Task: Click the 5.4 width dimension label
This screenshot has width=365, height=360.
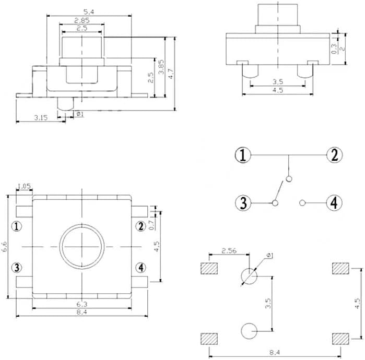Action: tap(89, 12)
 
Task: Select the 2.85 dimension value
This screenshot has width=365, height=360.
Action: tap(82, 20)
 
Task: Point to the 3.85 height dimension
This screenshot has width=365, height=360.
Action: tap(161, 67)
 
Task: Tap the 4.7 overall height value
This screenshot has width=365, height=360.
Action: tap(171, 74)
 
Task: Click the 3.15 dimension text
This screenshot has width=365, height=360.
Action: tap(41, 118)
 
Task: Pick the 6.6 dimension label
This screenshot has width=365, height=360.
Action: tap(4, 247)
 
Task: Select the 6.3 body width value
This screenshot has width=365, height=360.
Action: tap(81, 304)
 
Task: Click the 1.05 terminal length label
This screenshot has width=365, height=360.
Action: tap(24, 186)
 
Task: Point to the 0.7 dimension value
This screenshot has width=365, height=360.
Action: tap(151, 225)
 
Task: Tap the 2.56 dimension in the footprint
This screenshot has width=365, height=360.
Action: tap(229, 250)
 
